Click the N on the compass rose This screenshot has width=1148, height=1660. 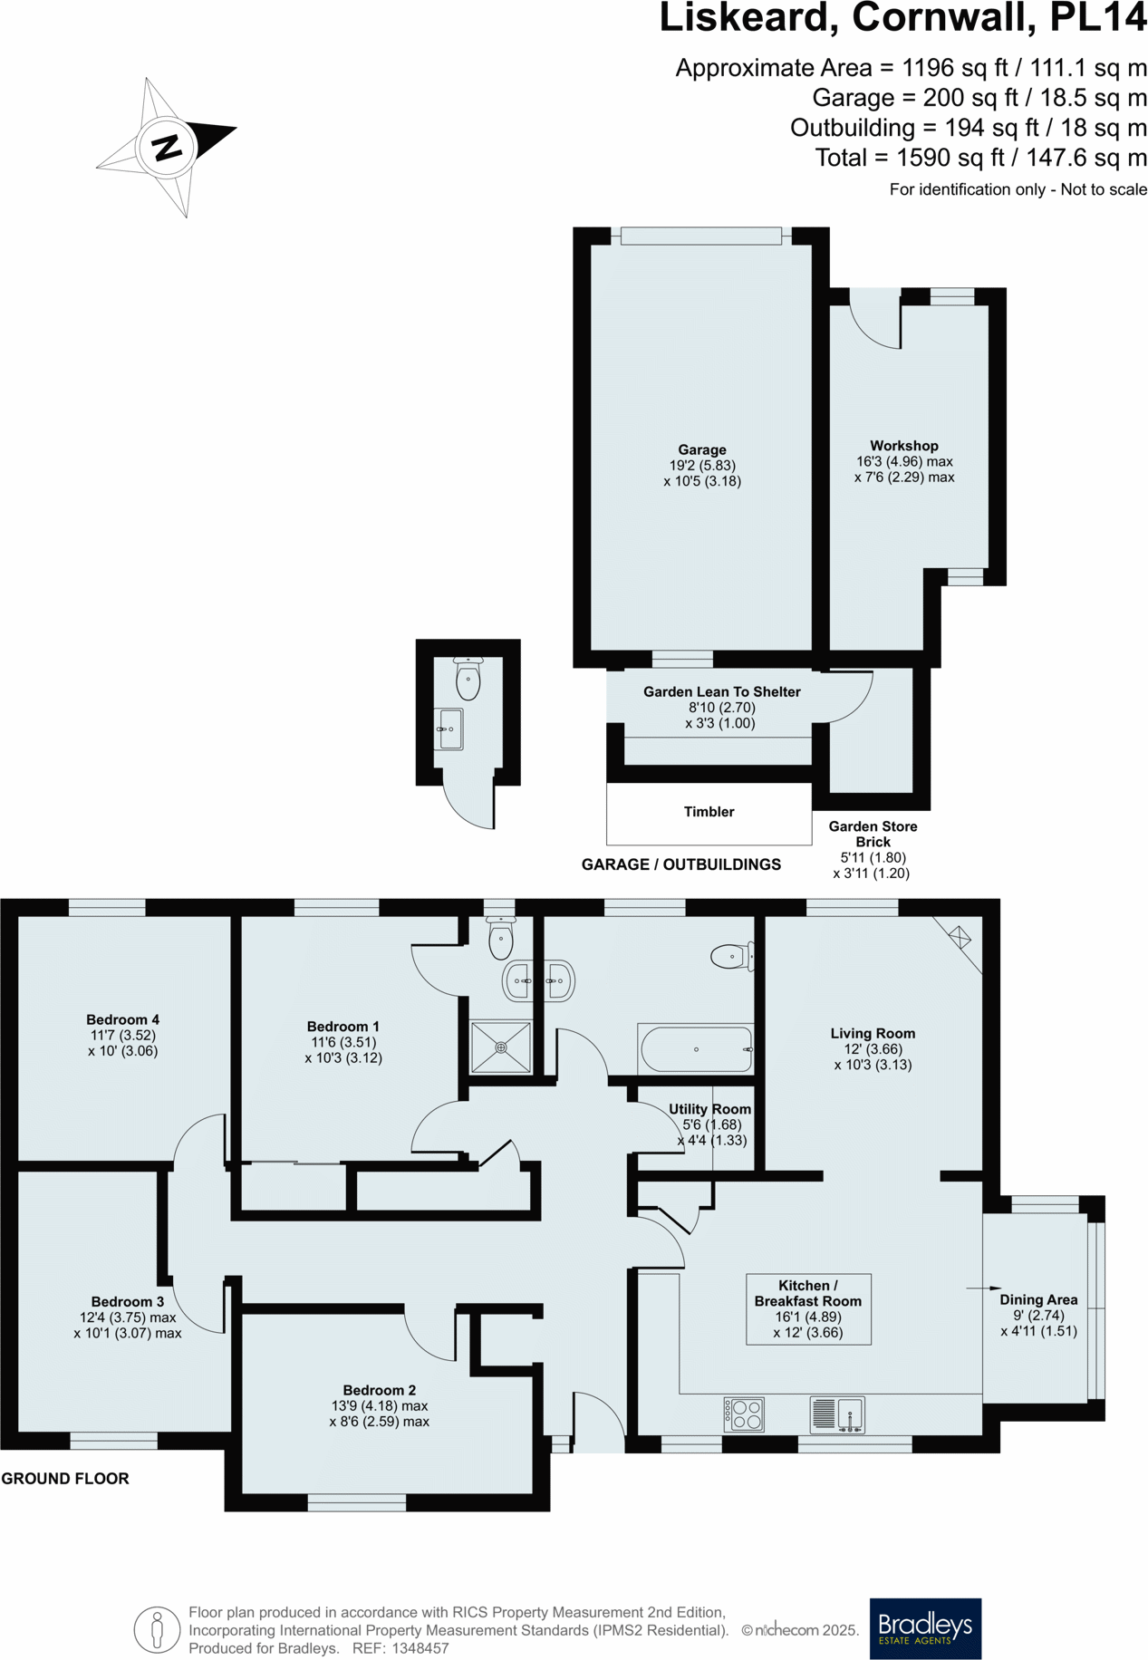[x=168, y=148]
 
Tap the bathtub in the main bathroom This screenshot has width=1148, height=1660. [x=696, y=1049]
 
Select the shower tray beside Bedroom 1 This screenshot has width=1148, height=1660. [x=501, y=1047]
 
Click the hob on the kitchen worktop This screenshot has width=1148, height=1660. [x=744, y=1414]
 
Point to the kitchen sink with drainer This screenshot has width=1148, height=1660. [x=837, y=1414]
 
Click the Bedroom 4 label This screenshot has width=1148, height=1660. [x=122, y=1019]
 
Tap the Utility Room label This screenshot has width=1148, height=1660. [x=709, y=1109]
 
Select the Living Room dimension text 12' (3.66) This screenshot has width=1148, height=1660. [x=873, y=1049]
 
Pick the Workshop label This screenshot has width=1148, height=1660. [x=903, y=446]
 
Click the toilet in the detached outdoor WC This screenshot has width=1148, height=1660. [x=468, y=679]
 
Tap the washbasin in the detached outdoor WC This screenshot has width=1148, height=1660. [x=449, y=729]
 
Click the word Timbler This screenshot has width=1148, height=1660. [x=709, y=812]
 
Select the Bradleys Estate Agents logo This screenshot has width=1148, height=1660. [x=925, y=1628]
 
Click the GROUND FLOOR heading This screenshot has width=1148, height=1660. [x=65, y=1479]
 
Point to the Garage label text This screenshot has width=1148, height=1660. [x=702, y=449]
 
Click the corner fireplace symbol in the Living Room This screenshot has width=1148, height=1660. [x=960, y=937]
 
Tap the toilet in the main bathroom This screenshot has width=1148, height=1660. [x=732, y=956]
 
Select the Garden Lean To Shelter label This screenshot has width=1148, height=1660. [x=721, y=691]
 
